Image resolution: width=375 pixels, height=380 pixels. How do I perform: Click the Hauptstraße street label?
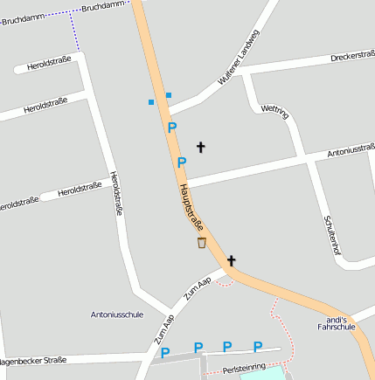click(x=191, y=207)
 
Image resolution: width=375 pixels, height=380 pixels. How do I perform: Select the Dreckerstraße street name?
click(x=352, y=58)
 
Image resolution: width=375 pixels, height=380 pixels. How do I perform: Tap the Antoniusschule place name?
click(x=116, y=314)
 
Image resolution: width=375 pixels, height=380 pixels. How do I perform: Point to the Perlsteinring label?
click(x=244, y=370)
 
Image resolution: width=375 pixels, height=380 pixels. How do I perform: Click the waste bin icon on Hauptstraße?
click(x=202, y=243)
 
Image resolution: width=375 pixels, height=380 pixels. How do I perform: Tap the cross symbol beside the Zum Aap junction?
click(x=232, y=260)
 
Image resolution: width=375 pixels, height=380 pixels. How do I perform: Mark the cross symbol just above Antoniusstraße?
click(x=200, y=147)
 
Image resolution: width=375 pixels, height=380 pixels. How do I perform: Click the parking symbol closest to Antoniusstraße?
click(x=182, y=162)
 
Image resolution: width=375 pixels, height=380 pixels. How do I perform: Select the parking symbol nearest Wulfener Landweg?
click(x=172, y=128)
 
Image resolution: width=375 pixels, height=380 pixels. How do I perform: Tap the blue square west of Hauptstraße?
click(x=151, y=102)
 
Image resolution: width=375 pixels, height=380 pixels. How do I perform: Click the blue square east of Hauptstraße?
click(x=169, y=94)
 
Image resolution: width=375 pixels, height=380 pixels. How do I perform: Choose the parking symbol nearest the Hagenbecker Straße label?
click(x=165, y=353)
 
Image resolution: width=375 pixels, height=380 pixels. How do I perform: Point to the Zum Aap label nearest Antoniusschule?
click(x=163, y=328)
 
